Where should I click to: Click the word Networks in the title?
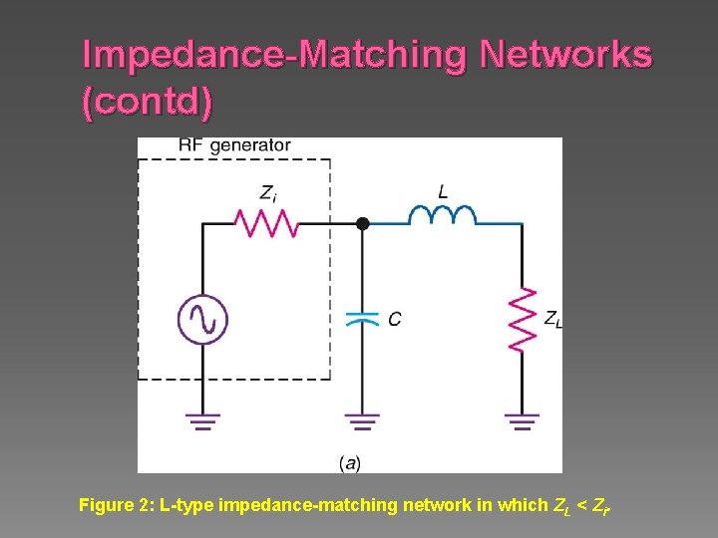tap(565, 55)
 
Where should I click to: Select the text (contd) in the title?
tap(148, 104)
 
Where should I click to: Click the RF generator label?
tap(235, 145)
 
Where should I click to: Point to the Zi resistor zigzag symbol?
tap(267, 223)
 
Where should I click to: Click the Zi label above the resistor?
tap(268, 192)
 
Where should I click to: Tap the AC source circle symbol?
tap(203, 320)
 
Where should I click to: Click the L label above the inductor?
tap(443, 190)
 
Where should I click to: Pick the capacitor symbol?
tap(362, 318)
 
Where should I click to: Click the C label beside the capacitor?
tap(395, 319)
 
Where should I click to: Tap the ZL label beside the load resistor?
tap(551, 319)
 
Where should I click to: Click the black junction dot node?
tap(363, 224)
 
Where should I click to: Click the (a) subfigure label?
tap(350, 462)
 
